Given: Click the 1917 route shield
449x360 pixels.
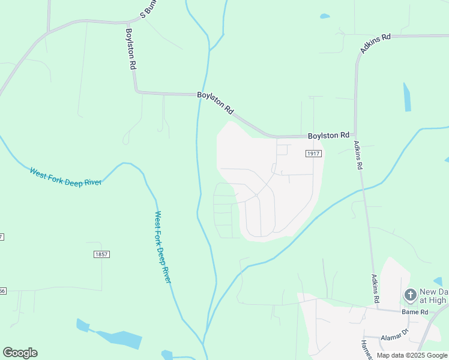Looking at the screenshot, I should pyautogui.click(x=313, y=154).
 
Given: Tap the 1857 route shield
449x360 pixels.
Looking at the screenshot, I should pyautogui.click(x=101, y=254).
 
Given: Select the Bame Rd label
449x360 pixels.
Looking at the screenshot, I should pyautogui.click(x=415, y=312).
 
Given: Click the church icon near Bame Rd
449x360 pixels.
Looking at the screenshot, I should pyautogui.click(x=410, y=295).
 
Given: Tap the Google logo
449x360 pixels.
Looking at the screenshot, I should pyautogui.click(x=20, y=353).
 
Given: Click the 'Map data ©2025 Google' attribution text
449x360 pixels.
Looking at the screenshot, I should pyautogui.click(x=412, y=355).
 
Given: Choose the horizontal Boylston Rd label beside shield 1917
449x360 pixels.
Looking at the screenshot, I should pyautogui.click(x=328, y=136).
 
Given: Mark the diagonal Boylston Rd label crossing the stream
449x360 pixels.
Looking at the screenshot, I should pyautogui.click(x=215, y=103).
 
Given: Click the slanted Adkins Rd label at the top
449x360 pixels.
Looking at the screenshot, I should pyautogui.click(x=376, y=43).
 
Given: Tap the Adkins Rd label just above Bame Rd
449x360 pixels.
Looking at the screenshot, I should pyautogui.click(x=375, y=288).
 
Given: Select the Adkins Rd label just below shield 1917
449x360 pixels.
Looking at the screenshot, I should pyautogui.click(x=358, y=154).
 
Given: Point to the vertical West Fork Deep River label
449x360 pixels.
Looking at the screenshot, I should pyautogui.click(x=163, y=247).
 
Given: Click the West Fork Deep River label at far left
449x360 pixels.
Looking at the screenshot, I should pyautogui.click(x=65, y=177).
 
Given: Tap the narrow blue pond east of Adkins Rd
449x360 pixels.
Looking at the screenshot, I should pyautogui.click(x=407, y=97).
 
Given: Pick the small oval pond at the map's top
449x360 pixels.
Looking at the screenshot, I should pyautogui.click(x=325, y=16).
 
